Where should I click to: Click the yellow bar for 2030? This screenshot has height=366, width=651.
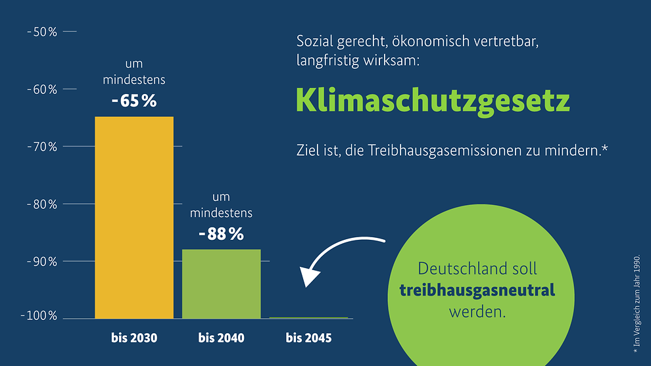(x=134, y=217)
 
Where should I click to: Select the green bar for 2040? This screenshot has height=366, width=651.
(x=221, y=283)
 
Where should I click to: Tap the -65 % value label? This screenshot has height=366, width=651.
(x=134, y=102)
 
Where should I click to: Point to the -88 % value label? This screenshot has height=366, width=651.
(x=221, y=233)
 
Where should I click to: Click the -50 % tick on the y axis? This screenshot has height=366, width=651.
(x=42, y=32)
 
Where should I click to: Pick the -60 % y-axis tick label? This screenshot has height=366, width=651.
(x=42, y=89)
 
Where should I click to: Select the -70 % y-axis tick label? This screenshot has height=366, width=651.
(x=42, y=146)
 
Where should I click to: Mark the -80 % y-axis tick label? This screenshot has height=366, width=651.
(x=42, y=204)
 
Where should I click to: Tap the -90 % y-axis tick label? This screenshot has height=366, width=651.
(x=42, y=261)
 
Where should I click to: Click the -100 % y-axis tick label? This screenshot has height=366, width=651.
(x=39, y=317)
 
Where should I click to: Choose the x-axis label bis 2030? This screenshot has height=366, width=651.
(x=134, y=338)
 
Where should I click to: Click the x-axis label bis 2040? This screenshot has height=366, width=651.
(x=221, y=338)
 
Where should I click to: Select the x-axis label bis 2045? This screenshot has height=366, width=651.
(x=308, y=338)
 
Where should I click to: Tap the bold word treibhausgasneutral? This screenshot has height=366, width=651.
(x=477, y=290)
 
